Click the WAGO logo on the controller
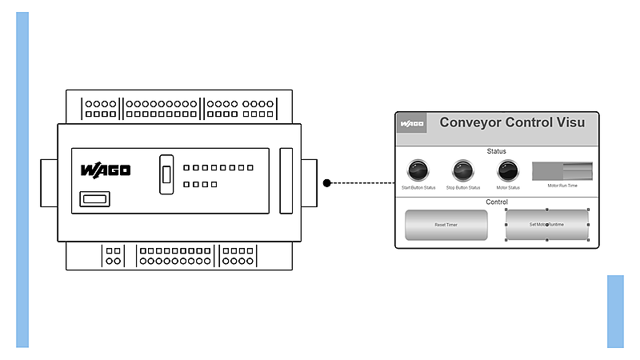click(x=105, y=170)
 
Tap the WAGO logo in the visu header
click(x=412, y=124)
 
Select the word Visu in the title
click(x=570, y=122)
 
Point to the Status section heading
click(x=496, y=150)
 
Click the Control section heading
click(x=497, y=202)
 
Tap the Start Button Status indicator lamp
click(x=418, y=170)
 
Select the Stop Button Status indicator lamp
click(x=462, y=170)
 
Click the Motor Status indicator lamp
click(x=507, y=170)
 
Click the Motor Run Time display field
click(x=562, y=170)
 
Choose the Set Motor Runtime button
click(x=546, y=225)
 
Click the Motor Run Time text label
click(x=562, y=185)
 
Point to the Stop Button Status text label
click(x=462, y=188)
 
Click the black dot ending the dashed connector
click(x=327, y=183)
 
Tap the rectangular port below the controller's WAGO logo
click(x=94, y=199)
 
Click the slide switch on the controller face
click(x=166, y=174)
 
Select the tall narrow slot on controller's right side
click(x=286, y=180)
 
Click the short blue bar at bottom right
click(x=615, y=311)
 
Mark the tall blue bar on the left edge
click(x=22, y=180)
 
